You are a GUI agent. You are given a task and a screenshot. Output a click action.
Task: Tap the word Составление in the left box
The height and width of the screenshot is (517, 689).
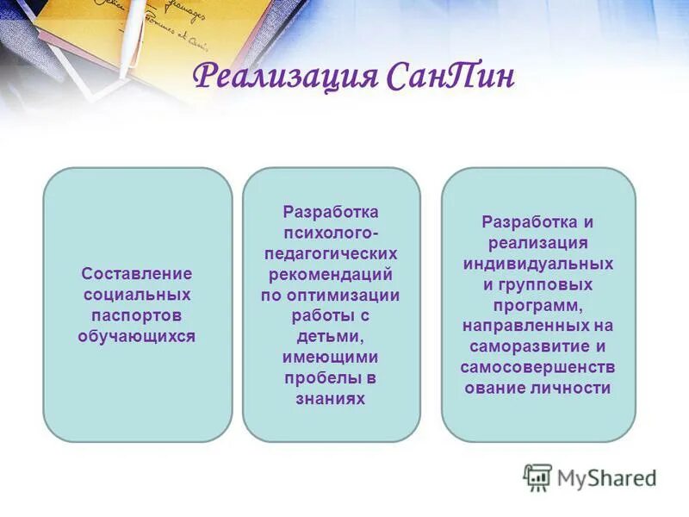click(x=137, y=273)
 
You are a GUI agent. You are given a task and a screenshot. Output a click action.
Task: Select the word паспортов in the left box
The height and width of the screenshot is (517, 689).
click(x=137, y=315)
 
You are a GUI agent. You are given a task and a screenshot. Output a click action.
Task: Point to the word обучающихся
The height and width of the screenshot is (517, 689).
click(x=137, y=336)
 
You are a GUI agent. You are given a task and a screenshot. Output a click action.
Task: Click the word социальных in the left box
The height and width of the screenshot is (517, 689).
click(x=137, y=294)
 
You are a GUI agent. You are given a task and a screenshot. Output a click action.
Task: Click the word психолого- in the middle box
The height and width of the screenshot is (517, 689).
click(x=331, y=233)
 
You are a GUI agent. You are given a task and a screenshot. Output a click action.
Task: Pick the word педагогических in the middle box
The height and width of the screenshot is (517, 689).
click(x=331, y=253)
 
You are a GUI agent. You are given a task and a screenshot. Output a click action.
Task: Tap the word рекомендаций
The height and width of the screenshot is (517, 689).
click(x=331, y=274)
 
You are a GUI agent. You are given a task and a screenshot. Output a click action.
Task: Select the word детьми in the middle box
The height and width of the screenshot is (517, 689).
click(x=331, y=336)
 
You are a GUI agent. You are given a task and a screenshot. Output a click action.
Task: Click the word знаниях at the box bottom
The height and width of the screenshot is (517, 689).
click(x=331, y=398)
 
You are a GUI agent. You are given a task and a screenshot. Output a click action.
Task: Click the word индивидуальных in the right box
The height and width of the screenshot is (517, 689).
click(x=538, y=263)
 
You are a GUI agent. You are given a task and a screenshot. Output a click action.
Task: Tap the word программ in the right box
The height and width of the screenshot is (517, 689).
click(x=538, y=305)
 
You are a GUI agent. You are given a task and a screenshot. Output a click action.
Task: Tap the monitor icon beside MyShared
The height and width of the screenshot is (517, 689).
click(x=538, y=477)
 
